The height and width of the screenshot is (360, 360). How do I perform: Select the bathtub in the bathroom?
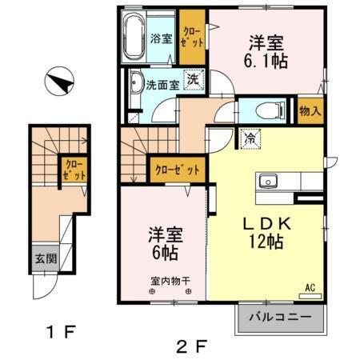click(133, 37)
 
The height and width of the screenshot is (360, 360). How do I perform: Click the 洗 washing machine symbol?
click(194, 79)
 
